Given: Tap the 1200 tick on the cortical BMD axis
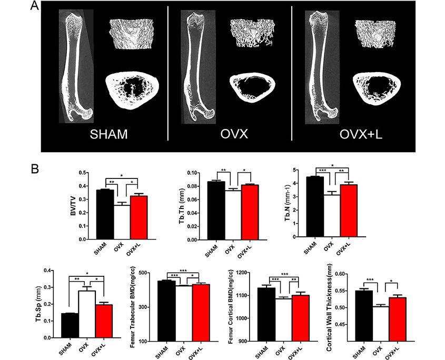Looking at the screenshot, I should coord(252,273).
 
